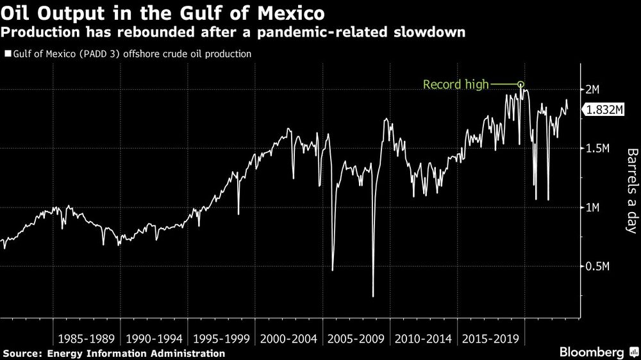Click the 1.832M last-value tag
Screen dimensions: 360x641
604,110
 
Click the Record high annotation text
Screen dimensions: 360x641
456,84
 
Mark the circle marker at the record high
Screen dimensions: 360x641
520,84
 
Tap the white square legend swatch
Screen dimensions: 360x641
7,54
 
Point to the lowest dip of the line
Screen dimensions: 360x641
373,297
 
